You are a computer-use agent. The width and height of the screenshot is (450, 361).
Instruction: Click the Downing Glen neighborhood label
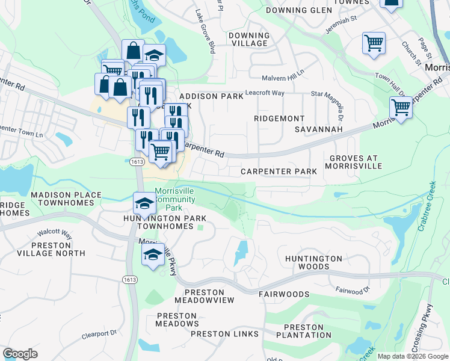pyautogui.click(x=298, y=10)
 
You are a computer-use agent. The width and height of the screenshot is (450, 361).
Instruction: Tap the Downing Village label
pyautogui.click(x=248, y=39)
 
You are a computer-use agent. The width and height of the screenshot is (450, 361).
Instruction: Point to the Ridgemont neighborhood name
pyautogui.click(x=279, y=119)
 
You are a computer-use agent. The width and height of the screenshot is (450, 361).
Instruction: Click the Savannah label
pyautogui.click(x=318, y=129)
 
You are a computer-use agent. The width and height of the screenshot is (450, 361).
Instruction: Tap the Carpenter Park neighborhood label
pyautogui.click(x=279, y=171)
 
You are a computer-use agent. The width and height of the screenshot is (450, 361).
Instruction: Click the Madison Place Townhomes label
pyautogui.click(x=63, y=199)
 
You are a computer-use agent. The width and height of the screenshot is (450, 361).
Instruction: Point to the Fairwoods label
pyautogui.click(x=284, y=294)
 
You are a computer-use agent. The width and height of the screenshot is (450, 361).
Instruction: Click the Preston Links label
pyautogui.click(x=224, y=334)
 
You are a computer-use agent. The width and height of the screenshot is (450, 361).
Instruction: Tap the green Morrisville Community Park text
pyautogui.click(x=175, y=199)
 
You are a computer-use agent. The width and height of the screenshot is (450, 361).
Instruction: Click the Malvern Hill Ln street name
pyautogui.click(x=283, y=78)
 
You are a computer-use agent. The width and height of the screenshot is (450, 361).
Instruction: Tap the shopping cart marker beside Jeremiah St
pyautogui.click(x=374, y=43)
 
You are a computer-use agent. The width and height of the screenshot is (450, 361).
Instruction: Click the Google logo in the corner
pyautogui.click(x=20, y=354)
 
